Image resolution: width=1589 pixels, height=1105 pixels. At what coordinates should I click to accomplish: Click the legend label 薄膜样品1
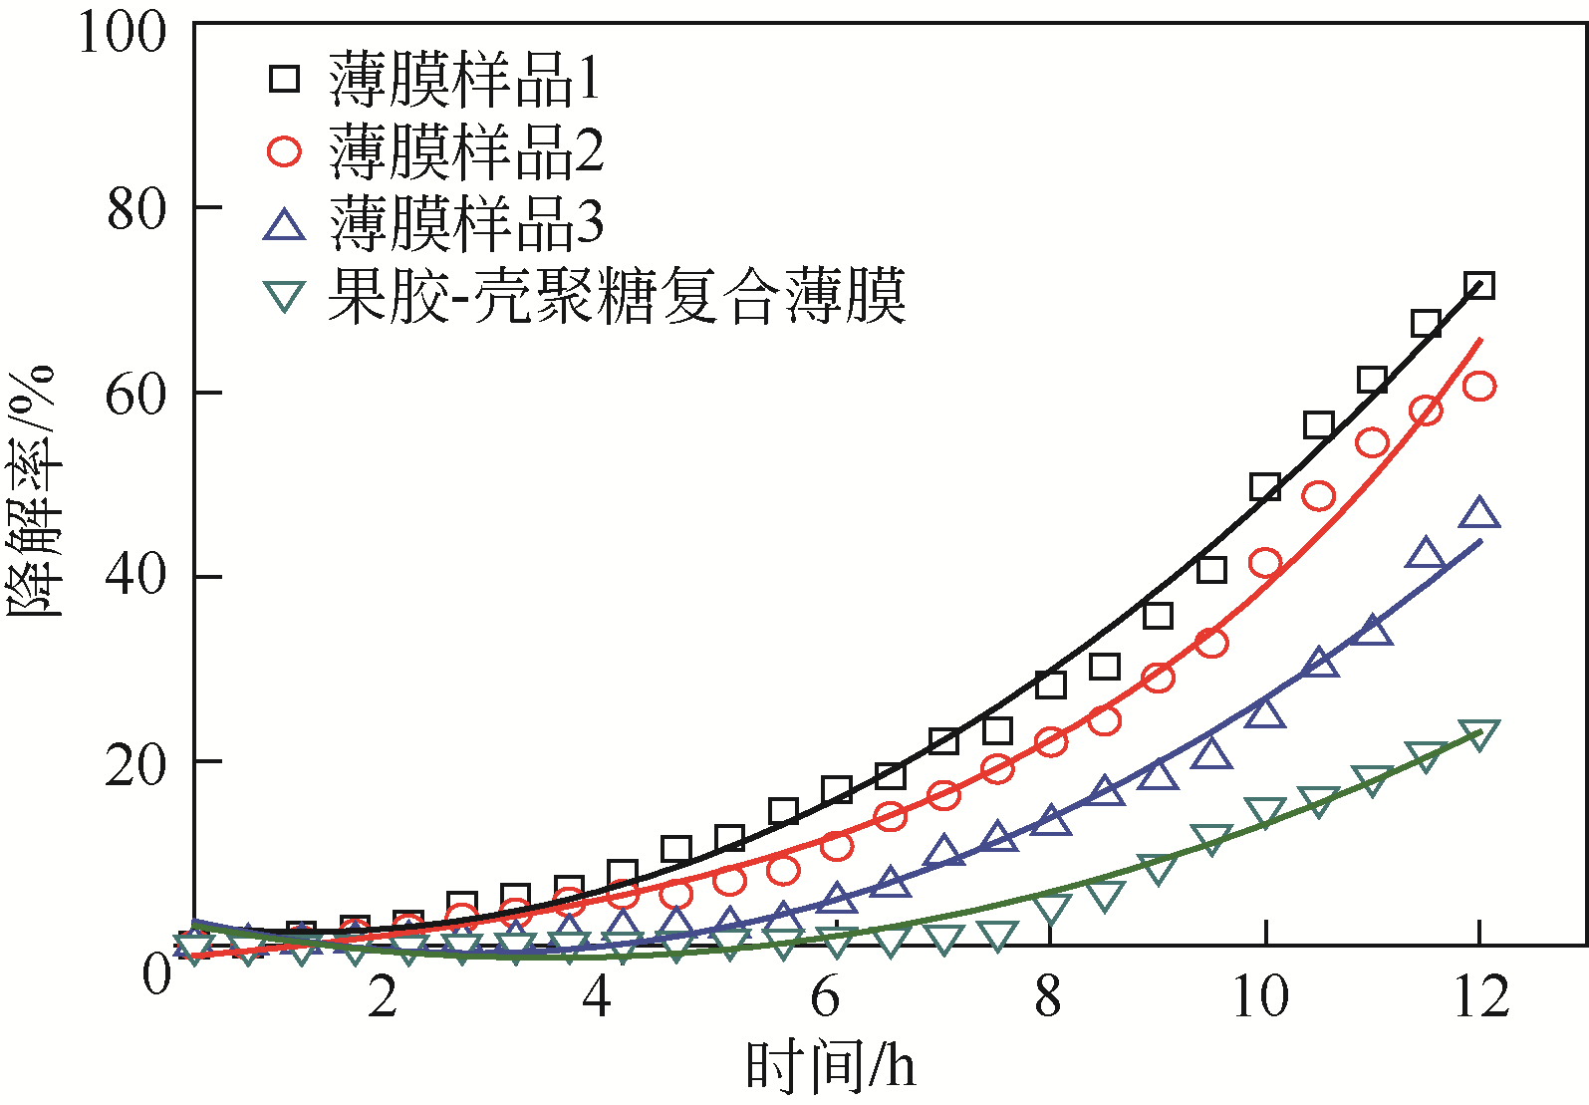point(465,80)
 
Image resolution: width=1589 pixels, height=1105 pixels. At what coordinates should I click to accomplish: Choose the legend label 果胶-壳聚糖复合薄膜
point(617,296)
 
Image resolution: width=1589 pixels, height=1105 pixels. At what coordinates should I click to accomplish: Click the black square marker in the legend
point(285,78)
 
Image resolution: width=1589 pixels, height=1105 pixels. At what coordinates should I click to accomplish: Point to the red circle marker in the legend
point(285,151)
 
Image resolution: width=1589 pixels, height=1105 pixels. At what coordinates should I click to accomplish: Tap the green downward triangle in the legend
point(285,296)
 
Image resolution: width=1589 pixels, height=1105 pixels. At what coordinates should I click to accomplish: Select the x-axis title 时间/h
point(830,1067)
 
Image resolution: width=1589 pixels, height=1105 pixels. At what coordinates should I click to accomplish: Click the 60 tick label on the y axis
point(134,395)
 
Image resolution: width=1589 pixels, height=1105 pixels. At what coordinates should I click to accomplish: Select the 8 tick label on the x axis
point(1048,996)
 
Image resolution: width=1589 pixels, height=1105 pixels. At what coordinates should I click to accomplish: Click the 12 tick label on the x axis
point(1480,996)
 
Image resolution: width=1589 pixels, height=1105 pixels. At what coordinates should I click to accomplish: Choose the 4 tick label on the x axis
point(596,996)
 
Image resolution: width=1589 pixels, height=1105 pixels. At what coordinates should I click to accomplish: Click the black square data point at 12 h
point(1479,286)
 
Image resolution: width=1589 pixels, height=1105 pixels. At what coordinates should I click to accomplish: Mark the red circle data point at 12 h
point(1479,387)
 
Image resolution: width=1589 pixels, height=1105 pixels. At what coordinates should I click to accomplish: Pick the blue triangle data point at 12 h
point(1479,514)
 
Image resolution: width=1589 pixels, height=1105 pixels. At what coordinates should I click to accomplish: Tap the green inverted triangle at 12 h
point(1479,735)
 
